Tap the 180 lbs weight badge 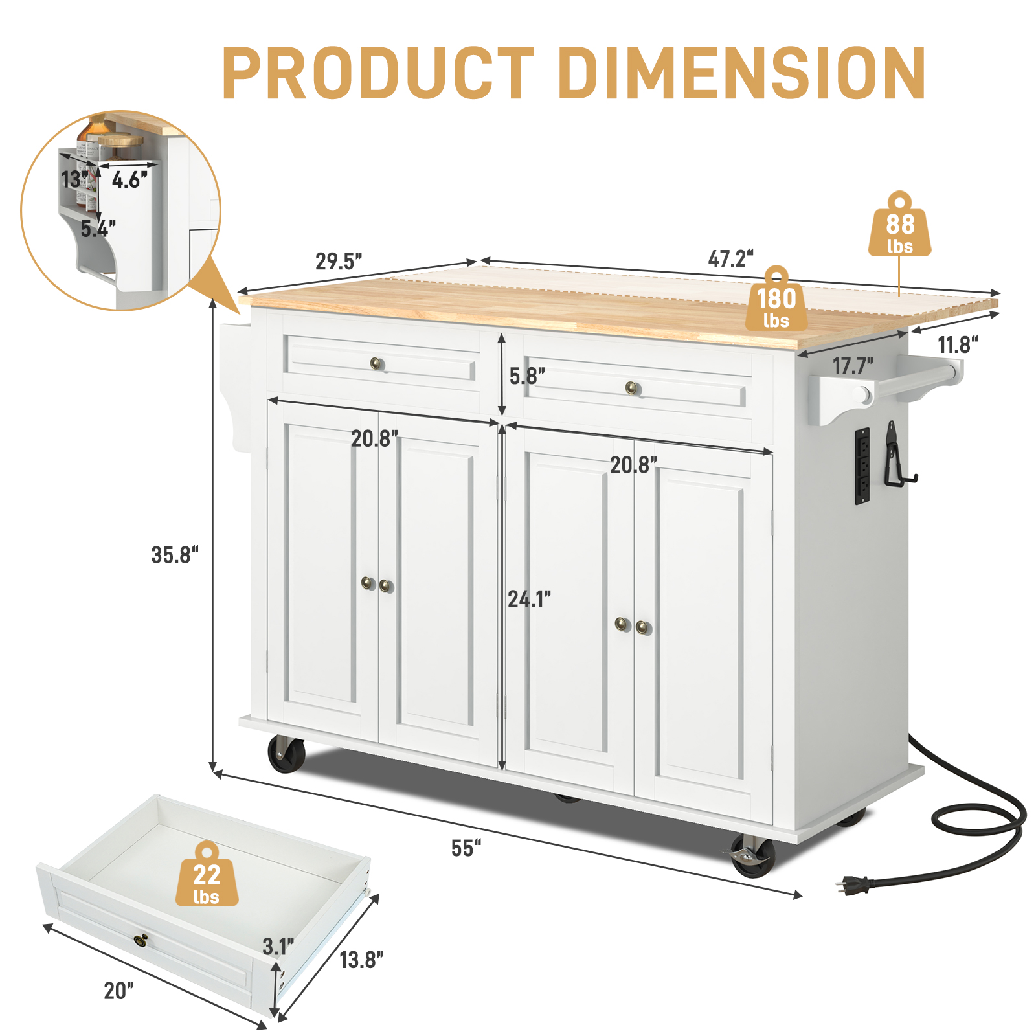click(x=776, y=306)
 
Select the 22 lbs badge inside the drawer click(x=207, y=881)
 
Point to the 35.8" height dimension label click(x=174, y=555)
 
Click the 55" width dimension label click(x=466, y=848)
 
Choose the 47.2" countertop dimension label click(x=730, y=258)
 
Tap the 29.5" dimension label click(x=338, y=261)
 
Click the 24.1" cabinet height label click(x=529, y=599)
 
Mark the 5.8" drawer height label click(x=526, y=376)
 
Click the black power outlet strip click(x=862, y=465)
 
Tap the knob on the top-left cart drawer click(x=377, y=363)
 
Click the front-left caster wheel click(x=286, y=754)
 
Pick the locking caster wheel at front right click(x=752, y=856)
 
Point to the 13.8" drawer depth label click(x=361, y=959)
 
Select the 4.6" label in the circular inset click(x=129, y=179)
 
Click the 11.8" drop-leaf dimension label click(x=957, y=344)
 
